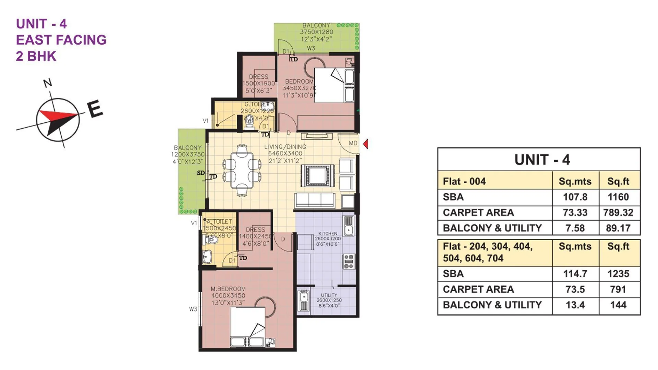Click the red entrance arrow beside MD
(366, 144)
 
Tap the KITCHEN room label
(328, 234)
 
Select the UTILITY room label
(329, 295)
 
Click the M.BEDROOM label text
(228, 289)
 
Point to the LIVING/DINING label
(285, 147)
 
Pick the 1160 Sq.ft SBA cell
(618, 197)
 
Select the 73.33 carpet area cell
(575, 212)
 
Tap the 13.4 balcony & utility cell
(575, 305)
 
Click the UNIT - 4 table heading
(542, 160)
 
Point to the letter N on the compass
(48, 83)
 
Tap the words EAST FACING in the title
(61, 40)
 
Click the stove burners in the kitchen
(349, 261)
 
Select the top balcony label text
(316, 26)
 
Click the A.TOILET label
(219, 222)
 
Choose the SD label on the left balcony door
(201, 173)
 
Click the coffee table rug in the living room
(318, 176)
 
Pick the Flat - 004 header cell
(464, 181)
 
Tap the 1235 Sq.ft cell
(618, 274)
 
